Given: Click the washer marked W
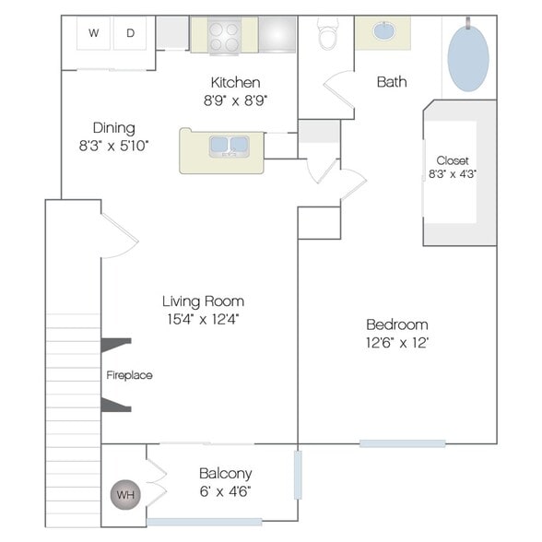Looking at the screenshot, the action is (93, 33).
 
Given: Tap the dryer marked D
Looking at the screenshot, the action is (130, 33).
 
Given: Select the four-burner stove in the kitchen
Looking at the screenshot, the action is (224, 36).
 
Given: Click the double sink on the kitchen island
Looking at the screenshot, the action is (230, 147).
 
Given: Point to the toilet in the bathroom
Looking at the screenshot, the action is (328, 33).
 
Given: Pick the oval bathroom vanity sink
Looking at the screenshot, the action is (383, 30).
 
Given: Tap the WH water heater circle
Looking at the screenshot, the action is (125, 495).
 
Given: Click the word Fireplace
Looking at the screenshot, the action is (129, 375).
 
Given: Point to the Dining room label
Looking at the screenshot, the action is (113, 128).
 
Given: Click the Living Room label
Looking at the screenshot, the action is (203, 301).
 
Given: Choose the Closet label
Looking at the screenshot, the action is (453, 160).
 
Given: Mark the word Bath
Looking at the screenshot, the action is (392, 82).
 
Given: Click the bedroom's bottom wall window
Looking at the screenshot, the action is (402, 443).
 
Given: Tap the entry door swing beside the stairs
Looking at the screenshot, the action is (119, 235).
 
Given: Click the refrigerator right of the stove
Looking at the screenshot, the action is (277, 34).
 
